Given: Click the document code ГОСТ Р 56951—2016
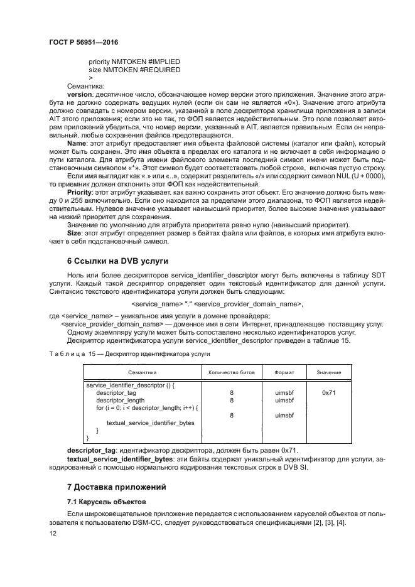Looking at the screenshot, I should (x=83, y=42).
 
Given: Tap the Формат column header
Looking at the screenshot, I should (x=284, y=372).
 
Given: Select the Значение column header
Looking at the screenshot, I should (x=329, y=372).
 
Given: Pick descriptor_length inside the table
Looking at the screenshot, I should (x=120, y=400).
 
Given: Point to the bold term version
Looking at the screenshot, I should (x=79, y=94).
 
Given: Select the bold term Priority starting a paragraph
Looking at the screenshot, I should (x=80, y=191).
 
